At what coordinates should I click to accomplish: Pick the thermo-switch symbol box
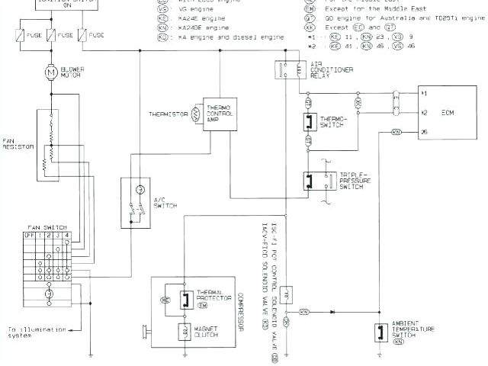309,122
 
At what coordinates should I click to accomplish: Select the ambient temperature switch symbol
380,332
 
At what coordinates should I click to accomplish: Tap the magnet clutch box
185,330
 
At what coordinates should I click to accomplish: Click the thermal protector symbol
185,300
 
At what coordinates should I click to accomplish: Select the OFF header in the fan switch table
30,236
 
